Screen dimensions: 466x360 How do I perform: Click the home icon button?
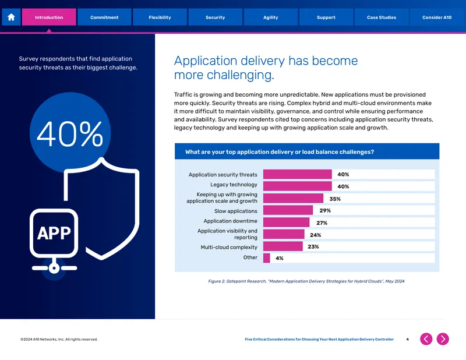tap(11, 17)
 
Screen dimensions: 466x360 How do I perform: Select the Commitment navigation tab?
tap(104, 17)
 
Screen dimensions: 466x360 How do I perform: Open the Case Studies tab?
tap(382, 17)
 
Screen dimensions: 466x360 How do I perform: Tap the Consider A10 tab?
tap(437, 17)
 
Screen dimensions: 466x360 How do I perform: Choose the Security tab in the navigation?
tap(215, 17)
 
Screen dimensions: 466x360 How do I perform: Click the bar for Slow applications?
tap(288, 210)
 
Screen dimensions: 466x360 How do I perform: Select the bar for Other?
tap(267, 257)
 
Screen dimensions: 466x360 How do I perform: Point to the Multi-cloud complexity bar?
tap(283, 246)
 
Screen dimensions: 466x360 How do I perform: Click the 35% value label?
tap(335, 199)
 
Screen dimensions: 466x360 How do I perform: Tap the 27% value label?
tap(322, 223)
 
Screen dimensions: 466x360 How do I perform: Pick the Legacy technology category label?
tap(234, 185)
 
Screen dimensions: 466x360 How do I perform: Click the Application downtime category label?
tap(230, 221)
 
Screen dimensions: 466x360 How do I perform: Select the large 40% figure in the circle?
tap(70, 134)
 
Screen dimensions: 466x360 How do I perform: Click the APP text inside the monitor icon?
tap(54, 233)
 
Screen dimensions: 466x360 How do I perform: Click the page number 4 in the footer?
tap(407, 339)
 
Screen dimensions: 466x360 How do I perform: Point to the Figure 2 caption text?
tap(306, 281)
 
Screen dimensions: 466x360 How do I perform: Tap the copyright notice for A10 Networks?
tap(59, 339)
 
